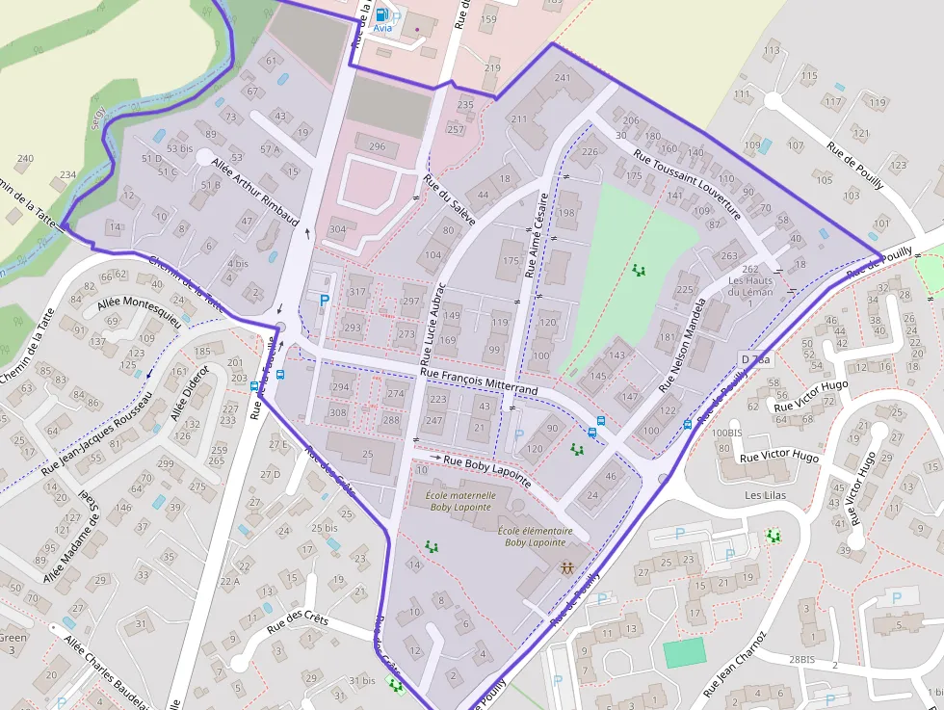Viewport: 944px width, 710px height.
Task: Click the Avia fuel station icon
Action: tap(381, 14)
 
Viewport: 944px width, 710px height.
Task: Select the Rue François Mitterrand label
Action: tap(479, 379)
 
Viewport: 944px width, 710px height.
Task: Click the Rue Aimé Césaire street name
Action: tap(536, 235)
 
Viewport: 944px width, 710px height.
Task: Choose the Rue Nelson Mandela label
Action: tap(683, 344)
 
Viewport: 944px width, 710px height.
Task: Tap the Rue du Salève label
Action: tap(450, 203)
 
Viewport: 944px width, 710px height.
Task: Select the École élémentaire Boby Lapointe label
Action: tap(536, 536)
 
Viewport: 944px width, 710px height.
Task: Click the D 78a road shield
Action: tap(756, 359)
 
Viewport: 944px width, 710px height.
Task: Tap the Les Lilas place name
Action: tap(766, 495)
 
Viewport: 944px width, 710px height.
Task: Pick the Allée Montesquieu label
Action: tap(139, 309)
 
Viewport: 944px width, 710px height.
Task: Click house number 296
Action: tap(377, 146)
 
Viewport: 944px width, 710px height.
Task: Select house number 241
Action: tap(563, 78)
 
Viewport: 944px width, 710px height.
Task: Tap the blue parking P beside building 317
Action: tap(325, 301)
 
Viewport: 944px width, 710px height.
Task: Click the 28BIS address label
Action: tap(802, 660)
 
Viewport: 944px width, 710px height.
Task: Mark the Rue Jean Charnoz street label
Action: tap(734, 665)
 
